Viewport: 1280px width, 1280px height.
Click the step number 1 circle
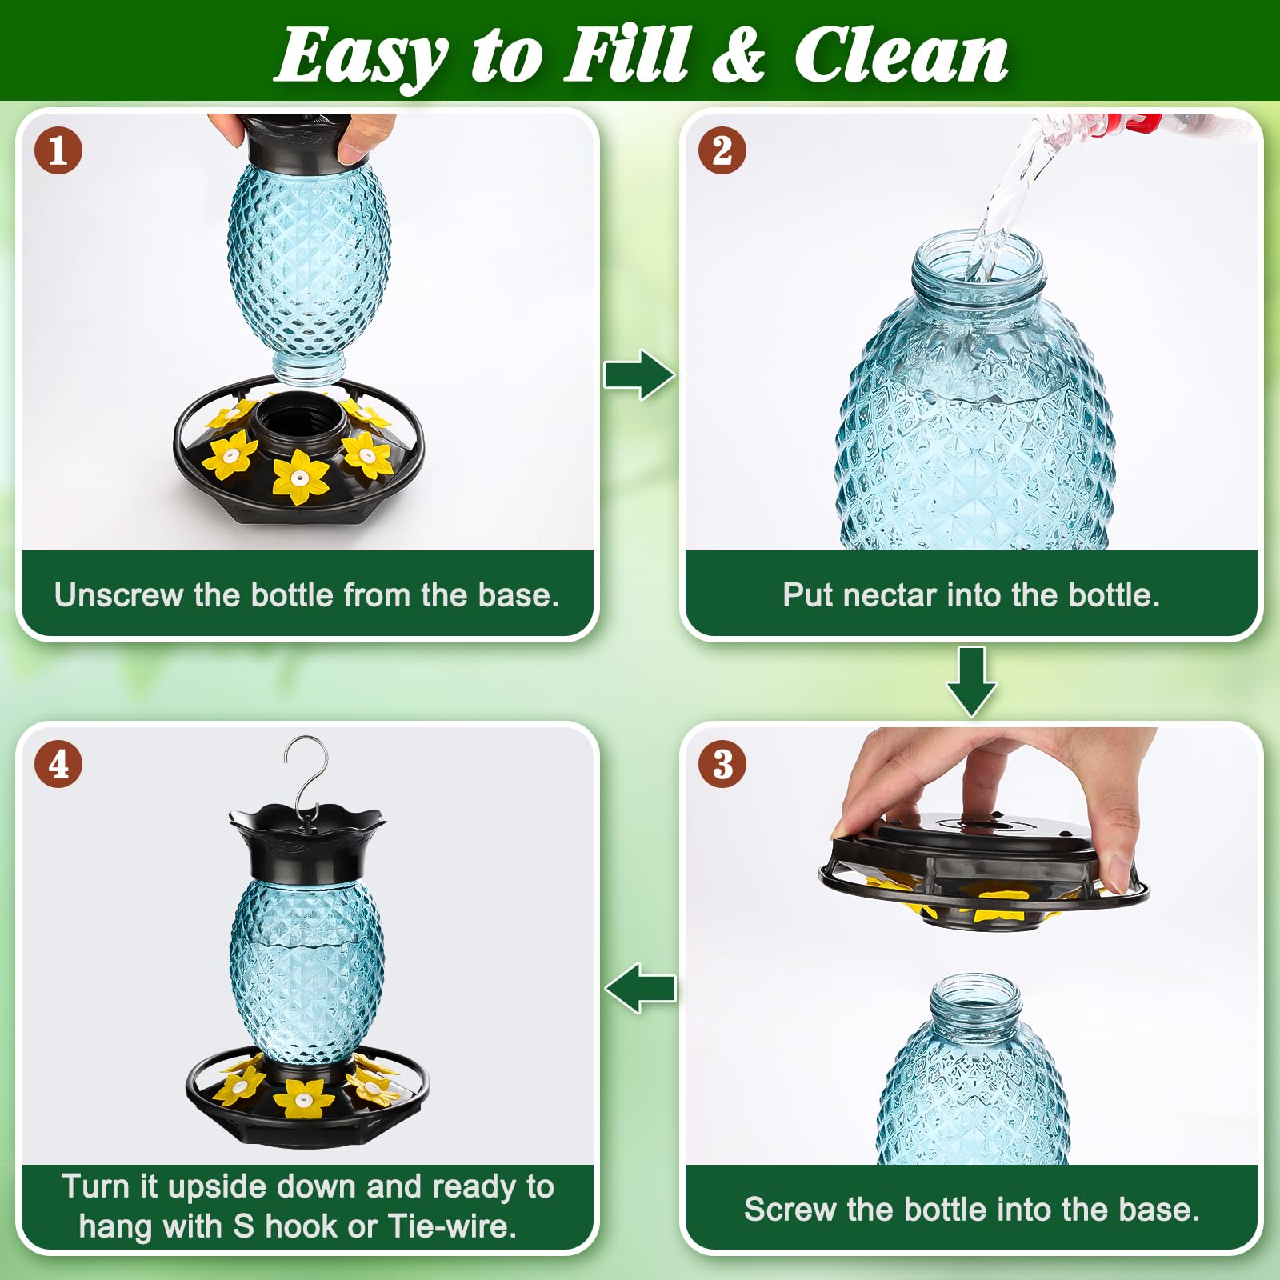coord(58,150)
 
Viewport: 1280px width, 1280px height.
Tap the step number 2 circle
coord(722,150)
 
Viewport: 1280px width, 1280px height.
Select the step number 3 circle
coord(722,764)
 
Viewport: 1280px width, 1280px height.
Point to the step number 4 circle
coord(58,764)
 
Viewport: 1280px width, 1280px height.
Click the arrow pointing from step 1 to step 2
coord(638,374)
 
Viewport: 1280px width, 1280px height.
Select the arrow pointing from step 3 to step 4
coord(640,988)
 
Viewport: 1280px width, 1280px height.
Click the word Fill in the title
coord(626,54)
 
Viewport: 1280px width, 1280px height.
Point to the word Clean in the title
coord(902,54)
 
